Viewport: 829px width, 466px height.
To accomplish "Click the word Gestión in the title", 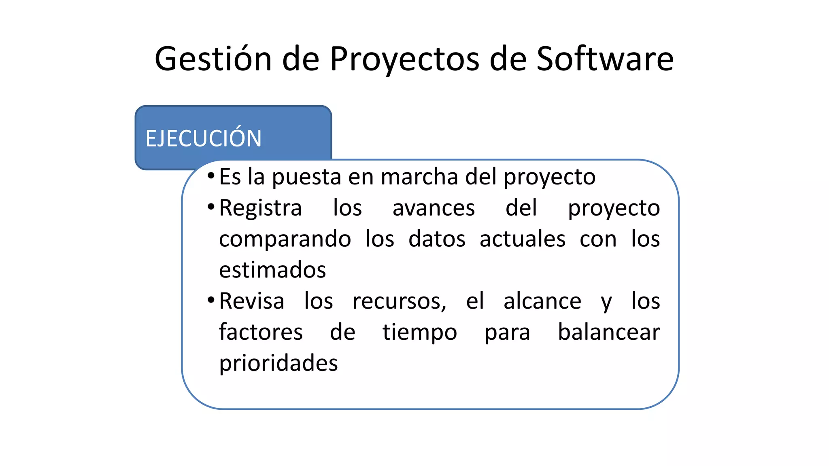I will (213, 59).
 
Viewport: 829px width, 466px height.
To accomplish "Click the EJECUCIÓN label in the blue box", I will (204, 138).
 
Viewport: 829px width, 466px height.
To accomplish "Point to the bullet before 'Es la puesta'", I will (211, 176).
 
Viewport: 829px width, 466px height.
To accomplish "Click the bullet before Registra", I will (211, 207).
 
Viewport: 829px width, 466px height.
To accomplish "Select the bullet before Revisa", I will (211, 300).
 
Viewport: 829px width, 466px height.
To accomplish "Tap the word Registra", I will (260, 208).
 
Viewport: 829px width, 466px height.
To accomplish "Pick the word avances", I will (434, 208).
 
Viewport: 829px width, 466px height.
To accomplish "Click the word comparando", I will (285, 239).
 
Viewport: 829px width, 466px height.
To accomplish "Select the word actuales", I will (523, 239).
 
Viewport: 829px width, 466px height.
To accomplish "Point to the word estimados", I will (272, 270).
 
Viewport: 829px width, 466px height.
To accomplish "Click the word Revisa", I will (252, 301).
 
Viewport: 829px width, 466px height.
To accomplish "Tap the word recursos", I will (399, 302).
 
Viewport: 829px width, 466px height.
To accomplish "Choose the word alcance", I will (542, 301).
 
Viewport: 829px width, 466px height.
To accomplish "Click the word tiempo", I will (420, 333).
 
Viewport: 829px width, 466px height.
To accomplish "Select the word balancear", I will (609, 333).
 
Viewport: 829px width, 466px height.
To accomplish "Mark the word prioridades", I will (278, 363).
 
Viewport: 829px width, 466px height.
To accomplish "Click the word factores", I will (261, 333).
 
